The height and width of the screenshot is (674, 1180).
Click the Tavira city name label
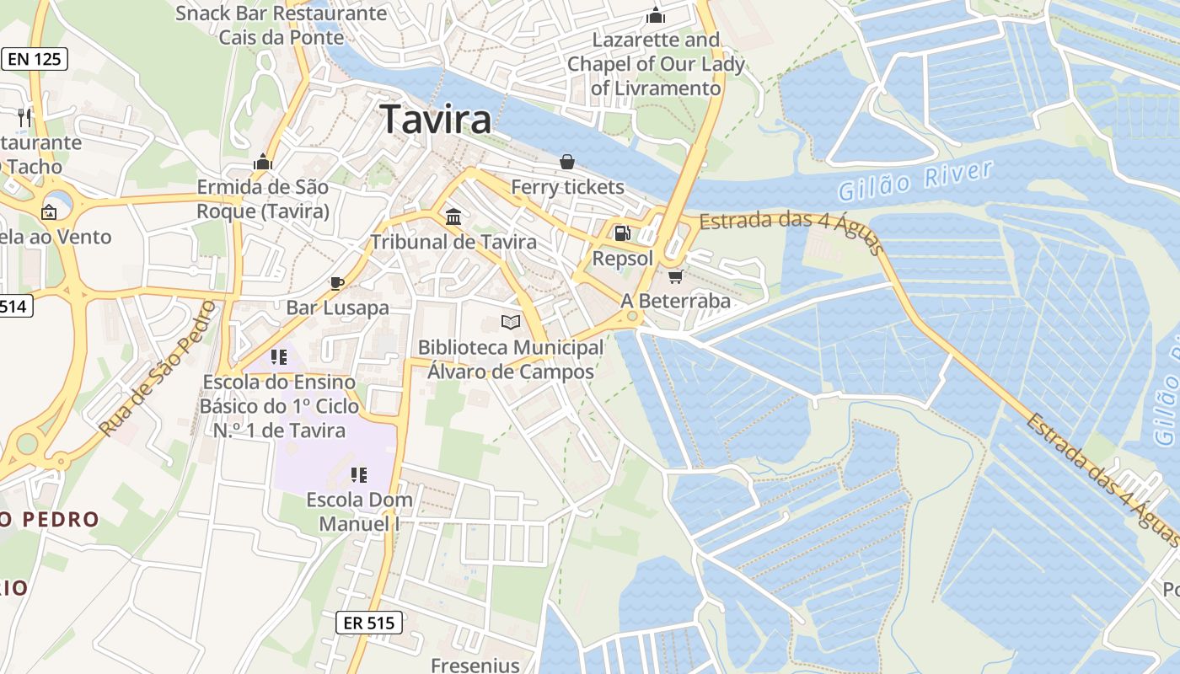(x=436, y=120)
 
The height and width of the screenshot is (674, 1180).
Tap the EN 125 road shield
(x=35, y=59)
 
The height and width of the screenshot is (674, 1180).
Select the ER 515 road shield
(x=369, y=623)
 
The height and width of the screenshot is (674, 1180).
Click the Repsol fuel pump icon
(x=622, y=233)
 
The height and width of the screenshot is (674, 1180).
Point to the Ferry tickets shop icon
(x=567, y=161)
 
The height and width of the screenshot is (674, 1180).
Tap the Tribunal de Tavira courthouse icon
(x=453, y=217)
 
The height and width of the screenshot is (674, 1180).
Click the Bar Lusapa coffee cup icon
(x=337, y=282)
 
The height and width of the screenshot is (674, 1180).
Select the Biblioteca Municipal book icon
(x=510, y=322)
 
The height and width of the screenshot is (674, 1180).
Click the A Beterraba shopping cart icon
(x=675, y=276)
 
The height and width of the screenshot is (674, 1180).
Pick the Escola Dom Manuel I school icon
(x=359, y=475)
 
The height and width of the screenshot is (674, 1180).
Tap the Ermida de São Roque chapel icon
(x=263, y=161)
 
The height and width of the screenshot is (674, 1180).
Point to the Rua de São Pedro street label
(x=158, y=368)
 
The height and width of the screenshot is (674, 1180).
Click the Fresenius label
(x=475, y=665)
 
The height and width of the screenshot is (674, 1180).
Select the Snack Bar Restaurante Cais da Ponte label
(x=282, y=25)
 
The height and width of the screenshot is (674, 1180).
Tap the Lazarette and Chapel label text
(x=657, y=64)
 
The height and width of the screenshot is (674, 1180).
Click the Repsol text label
(x=623, y=258)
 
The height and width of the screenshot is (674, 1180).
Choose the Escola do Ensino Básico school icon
(x=279, y=357)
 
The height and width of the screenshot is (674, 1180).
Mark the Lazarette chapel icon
(x=656, y=16)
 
